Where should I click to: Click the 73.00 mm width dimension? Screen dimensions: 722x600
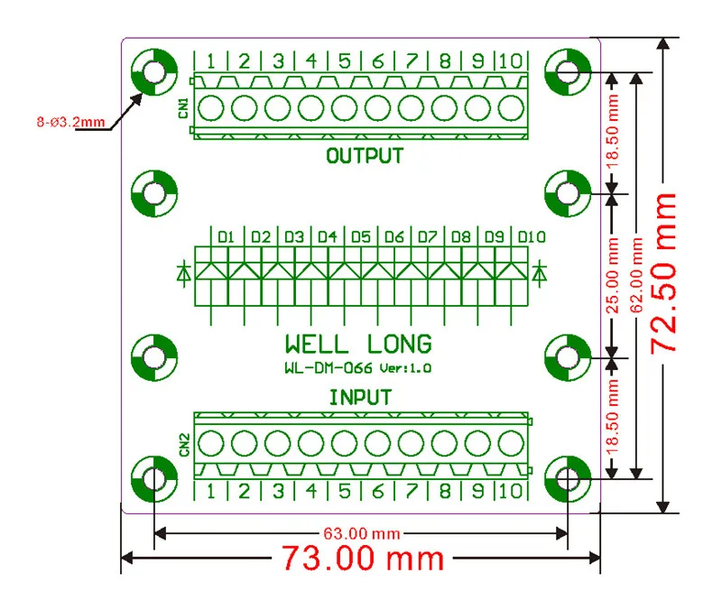363,558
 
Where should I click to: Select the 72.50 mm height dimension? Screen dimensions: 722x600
663,273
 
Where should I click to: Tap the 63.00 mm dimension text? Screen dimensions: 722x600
362,534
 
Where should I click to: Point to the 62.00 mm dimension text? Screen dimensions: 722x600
636,275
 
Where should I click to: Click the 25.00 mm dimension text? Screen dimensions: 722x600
612,275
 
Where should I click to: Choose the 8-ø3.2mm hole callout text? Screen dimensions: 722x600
71,122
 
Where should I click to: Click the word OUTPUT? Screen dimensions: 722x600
365,156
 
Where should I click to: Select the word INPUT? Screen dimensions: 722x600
360,397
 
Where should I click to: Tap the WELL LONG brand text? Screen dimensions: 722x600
358,344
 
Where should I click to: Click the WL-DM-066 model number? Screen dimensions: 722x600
329,368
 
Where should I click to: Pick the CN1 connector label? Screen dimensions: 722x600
184,107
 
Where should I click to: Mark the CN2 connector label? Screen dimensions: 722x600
184,444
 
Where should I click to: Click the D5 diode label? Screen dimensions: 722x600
360,236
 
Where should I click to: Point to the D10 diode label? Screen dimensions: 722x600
532,236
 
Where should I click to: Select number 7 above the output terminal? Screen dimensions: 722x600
412,60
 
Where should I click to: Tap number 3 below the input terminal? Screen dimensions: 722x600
278,491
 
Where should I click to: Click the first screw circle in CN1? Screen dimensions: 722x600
211,107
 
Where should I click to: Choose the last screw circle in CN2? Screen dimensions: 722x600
511,443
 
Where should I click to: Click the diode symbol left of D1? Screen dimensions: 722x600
184,273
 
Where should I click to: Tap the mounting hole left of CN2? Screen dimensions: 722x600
154,479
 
